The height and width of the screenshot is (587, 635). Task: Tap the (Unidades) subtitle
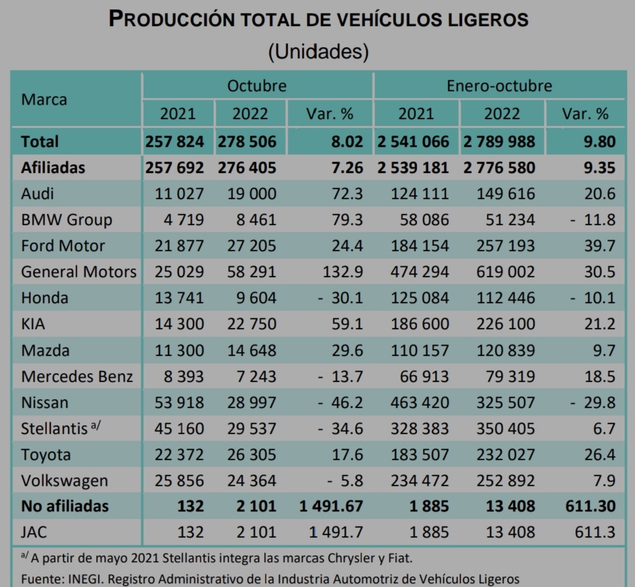click(x=318, y=51)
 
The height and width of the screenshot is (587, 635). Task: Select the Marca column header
click(x=44, y=99)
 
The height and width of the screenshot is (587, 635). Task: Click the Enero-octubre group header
click(x=499, y=86)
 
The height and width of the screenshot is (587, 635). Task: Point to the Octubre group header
click(x=257, y=86)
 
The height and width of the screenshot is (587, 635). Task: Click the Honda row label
click(x=45, y=298)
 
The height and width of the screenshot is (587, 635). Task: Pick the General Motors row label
click(x=79, y=271)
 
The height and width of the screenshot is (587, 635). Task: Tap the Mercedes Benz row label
click(x=77, y=376)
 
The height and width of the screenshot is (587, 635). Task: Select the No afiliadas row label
click(x=64, y=506)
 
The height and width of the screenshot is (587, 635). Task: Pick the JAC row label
click(x=34, y=532)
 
